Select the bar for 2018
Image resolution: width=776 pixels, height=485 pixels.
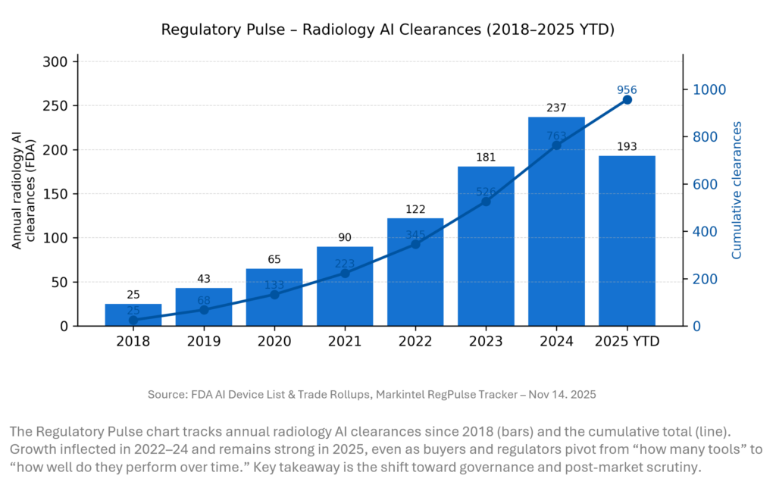point(133,315)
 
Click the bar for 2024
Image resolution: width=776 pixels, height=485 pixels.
point(556,227)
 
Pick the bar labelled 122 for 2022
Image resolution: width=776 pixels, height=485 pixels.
point(415,280)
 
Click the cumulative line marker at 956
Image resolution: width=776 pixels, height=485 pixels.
point(627,99)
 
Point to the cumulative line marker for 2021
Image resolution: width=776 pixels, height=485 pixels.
point(345,273)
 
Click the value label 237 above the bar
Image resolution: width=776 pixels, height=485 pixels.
point(556,108)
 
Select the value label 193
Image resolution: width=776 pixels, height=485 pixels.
point(627,146)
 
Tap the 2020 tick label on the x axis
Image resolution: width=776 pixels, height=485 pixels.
point(274,342)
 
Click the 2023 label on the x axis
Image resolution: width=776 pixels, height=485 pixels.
point(486,342)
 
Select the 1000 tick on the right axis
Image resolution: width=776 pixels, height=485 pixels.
point(708,89)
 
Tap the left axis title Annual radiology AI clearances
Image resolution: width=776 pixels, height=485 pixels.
point(22,189)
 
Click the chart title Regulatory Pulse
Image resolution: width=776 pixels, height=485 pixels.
point(387,30)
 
